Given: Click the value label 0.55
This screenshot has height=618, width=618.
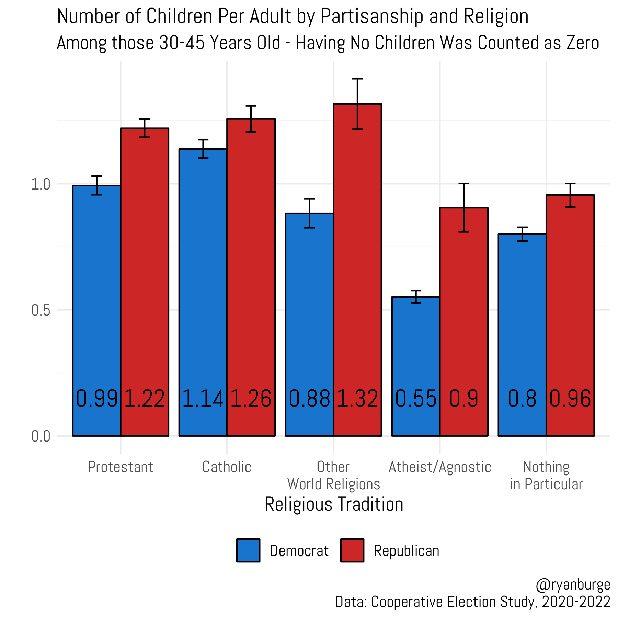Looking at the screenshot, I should click(x=416, y=399).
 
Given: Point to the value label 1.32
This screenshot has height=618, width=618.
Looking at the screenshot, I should click(x=357, y=399).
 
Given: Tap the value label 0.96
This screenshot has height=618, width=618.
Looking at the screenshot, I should click(x=570, y=399).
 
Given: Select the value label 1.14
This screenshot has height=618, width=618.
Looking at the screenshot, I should click(x=203, y=399).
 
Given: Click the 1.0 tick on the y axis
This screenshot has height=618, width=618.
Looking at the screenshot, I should click(x=41, y=184).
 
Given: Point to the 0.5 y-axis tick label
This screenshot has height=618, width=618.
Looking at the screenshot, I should click(x=41, y=310).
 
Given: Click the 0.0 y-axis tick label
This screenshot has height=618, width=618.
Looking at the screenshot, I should click(x=41, y=436).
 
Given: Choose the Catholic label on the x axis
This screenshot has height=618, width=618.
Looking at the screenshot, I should click(x=227, y=467).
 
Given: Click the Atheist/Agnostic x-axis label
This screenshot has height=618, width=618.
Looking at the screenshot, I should click(x=440, y=467).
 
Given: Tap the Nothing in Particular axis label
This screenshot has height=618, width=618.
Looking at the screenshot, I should click(x=546, y=476).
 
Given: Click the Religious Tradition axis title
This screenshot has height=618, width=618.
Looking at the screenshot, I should click(x=334, y=504).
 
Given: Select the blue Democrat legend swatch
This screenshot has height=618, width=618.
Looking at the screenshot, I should click(x=248, y=550).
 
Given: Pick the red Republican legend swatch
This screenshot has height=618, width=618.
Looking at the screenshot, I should click(x=352, y=550).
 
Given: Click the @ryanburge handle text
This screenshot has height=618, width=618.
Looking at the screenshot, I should click(x=573, y=585).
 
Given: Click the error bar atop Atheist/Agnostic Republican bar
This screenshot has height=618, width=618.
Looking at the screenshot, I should click(x=464, y=207).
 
